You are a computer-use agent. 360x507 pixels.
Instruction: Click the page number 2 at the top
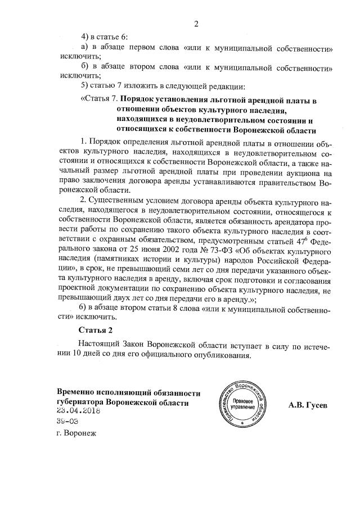click(196, 24)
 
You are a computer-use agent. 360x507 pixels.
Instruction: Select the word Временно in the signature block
click(76, 393)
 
